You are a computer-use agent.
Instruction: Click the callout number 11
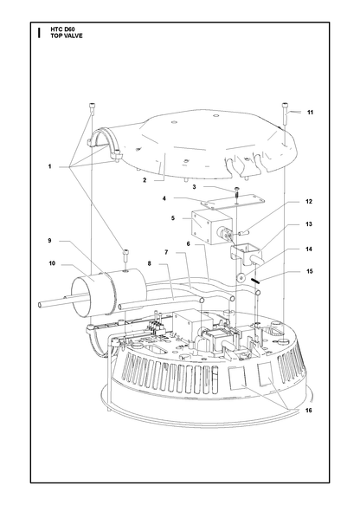pos(310,113)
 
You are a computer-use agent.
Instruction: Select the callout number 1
pos(50,166)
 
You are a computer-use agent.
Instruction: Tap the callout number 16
pos(309,411)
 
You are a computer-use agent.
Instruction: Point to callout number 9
pos(50,241)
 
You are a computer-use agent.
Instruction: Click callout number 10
pos(52,263)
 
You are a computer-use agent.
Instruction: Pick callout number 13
pos(309,223)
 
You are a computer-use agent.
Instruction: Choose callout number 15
pos(309,271)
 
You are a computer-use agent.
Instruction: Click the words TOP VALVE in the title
pos(67,36)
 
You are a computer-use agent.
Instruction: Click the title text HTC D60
pos(62,29)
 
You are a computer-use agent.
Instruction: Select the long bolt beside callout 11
pos(285,114)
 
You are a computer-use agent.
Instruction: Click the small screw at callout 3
pos(237,192)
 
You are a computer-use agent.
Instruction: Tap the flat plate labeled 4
pos(232,202)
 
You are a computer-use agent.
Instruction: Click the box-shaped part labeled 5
pos(211,227)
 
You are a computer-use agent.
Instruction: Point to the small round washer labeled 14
pos(240,277)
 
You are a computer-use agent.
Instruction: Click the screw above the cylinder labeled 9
pos(125,257)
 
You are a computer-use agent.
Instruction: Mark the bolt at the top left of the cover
pos(92,109)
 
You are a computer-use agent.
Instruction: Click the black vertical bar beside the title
pos(39,33)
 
